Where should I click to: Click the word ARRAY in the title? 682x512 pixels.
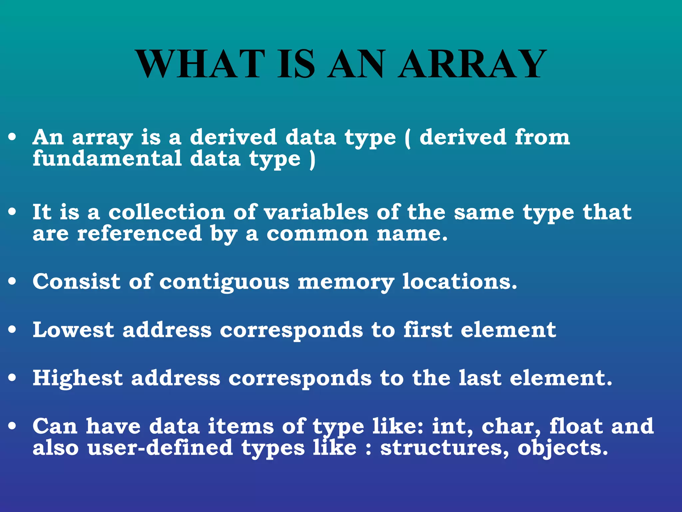pos(472,64)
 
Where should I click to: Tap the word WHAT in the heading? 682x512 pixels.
pos(201,64)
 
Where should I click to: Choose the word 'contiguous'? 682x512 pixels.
pos(224,282)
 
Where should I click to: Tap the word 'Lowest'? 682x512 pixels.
pos(73,330)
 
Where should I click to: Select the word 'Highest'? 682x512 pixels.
pos(78,378)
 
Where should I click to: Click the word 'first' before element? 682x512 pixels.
pos(428,330)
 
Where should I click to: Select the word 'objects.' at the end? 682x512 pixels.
pos(563,448)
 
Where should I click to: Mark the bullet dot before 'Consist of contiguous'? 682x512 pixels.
pos(12,282)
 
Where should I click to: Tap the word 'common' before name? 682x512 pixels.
pos(317,234)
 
